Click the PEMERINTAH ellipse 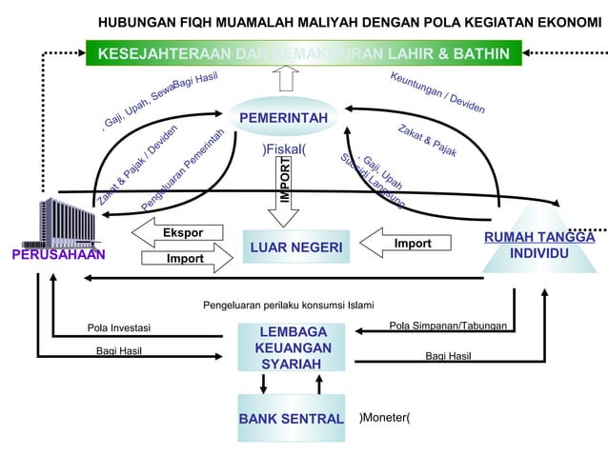tap(284, 118)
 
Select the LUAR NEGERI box tap(295, 248)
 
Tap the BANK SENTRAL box tap(291, 419)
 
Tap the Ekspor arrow tap(180, 233)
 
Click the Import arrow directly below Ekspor tap(186, 258)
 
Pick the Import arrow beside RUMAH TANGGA tap(410, 244)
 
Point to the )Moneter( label tap(384, 418)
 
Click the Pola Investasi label tap(119, 329)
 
